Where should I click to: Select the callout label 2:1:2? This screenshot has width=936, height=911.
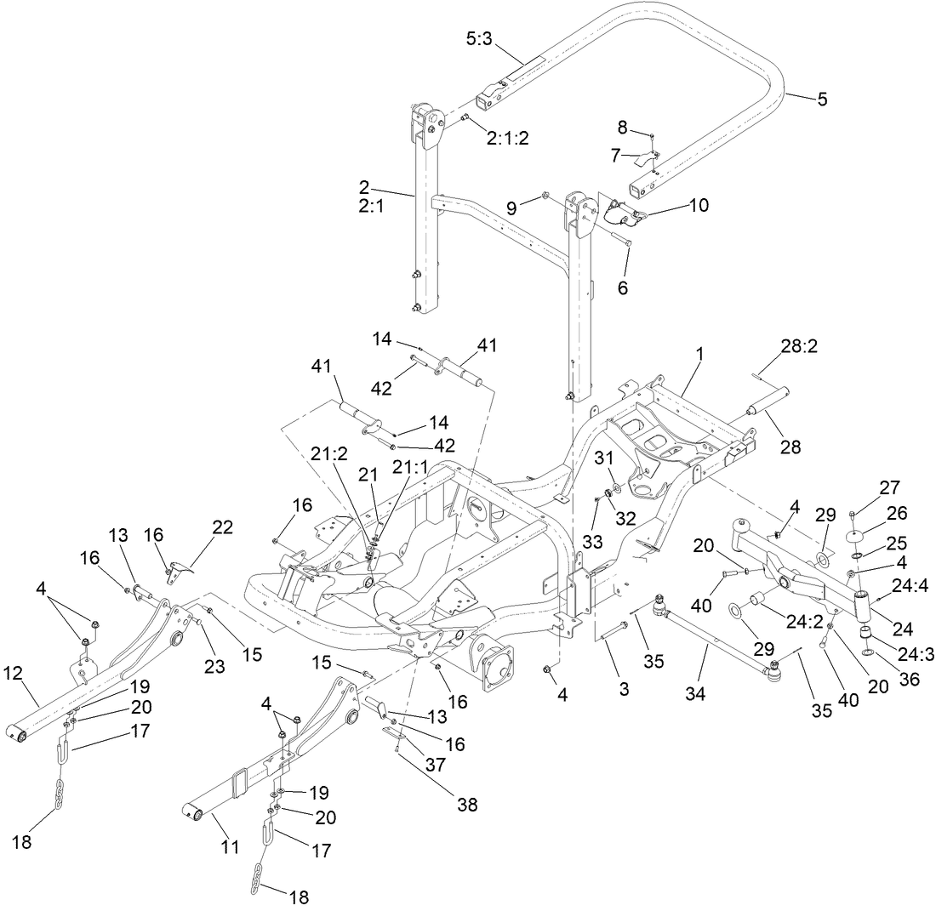coord(508,139)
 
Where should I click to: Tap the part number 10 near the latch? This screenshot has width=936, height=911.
coord(699,205)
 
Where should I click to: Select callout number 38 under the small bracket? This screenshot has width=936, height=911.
coord(466,803)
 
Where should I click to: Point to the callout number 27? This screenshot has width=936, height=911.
coord(888,487)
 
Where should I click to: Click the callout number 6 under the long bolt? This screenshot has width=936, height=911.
coord(622,288)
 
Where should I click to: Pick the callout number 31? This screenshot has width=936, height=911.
coord(603,458)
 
